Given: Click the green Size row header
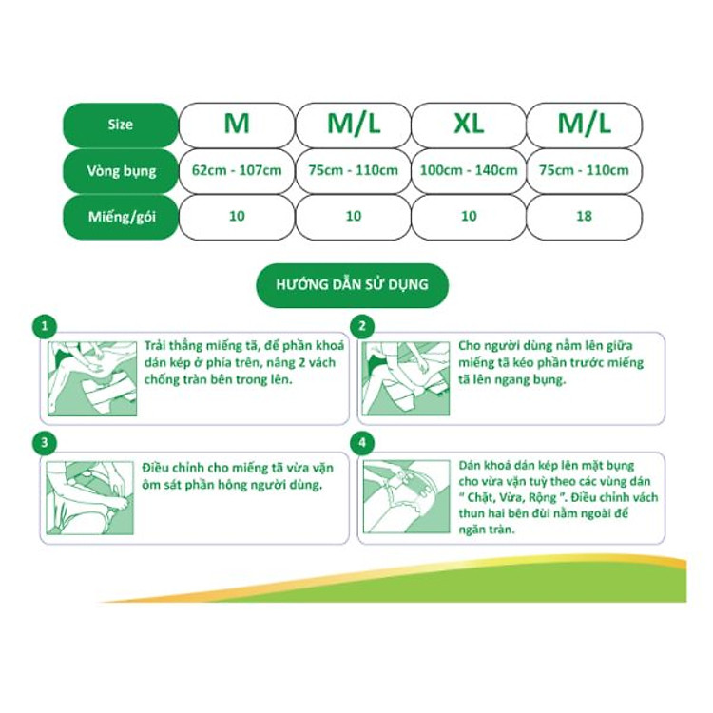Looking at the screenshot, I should pyautogui.click(x=121, y=125).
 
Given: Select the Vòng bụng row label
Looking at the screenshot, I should pyautogui.click(x=121, y=171).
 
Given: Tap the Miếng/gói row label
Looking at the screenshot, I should pyautogui.click(x=121, y=217).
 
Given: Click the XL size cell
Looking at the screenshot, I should pyautogui.click(x=468, y=125).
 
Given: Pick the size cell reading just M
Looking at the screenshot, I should pyautogui.click(x=237, y=125).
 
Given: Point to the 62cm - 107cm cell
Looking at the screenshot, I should pyautogui.click(x=237, y=171).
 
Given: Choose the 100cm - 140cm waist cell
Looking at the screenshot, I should pyautogui.click(x=468, y=171).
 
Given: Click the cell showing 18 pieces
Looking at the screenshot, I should pyautogui.click(x=584, y=217).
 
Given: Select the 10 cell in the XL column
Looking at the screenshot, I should pyautogui.click(x=468, y=217).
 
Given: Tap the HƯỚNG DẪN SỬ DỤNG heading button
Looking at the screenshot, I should pyautogui.click(x=352, y=284).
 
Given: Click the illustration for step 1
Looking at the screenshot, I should pyautogui.click(x=92, y=378).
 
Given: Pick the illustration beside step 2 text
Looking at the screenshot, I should pyautogui.click(x=408, y=378).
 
